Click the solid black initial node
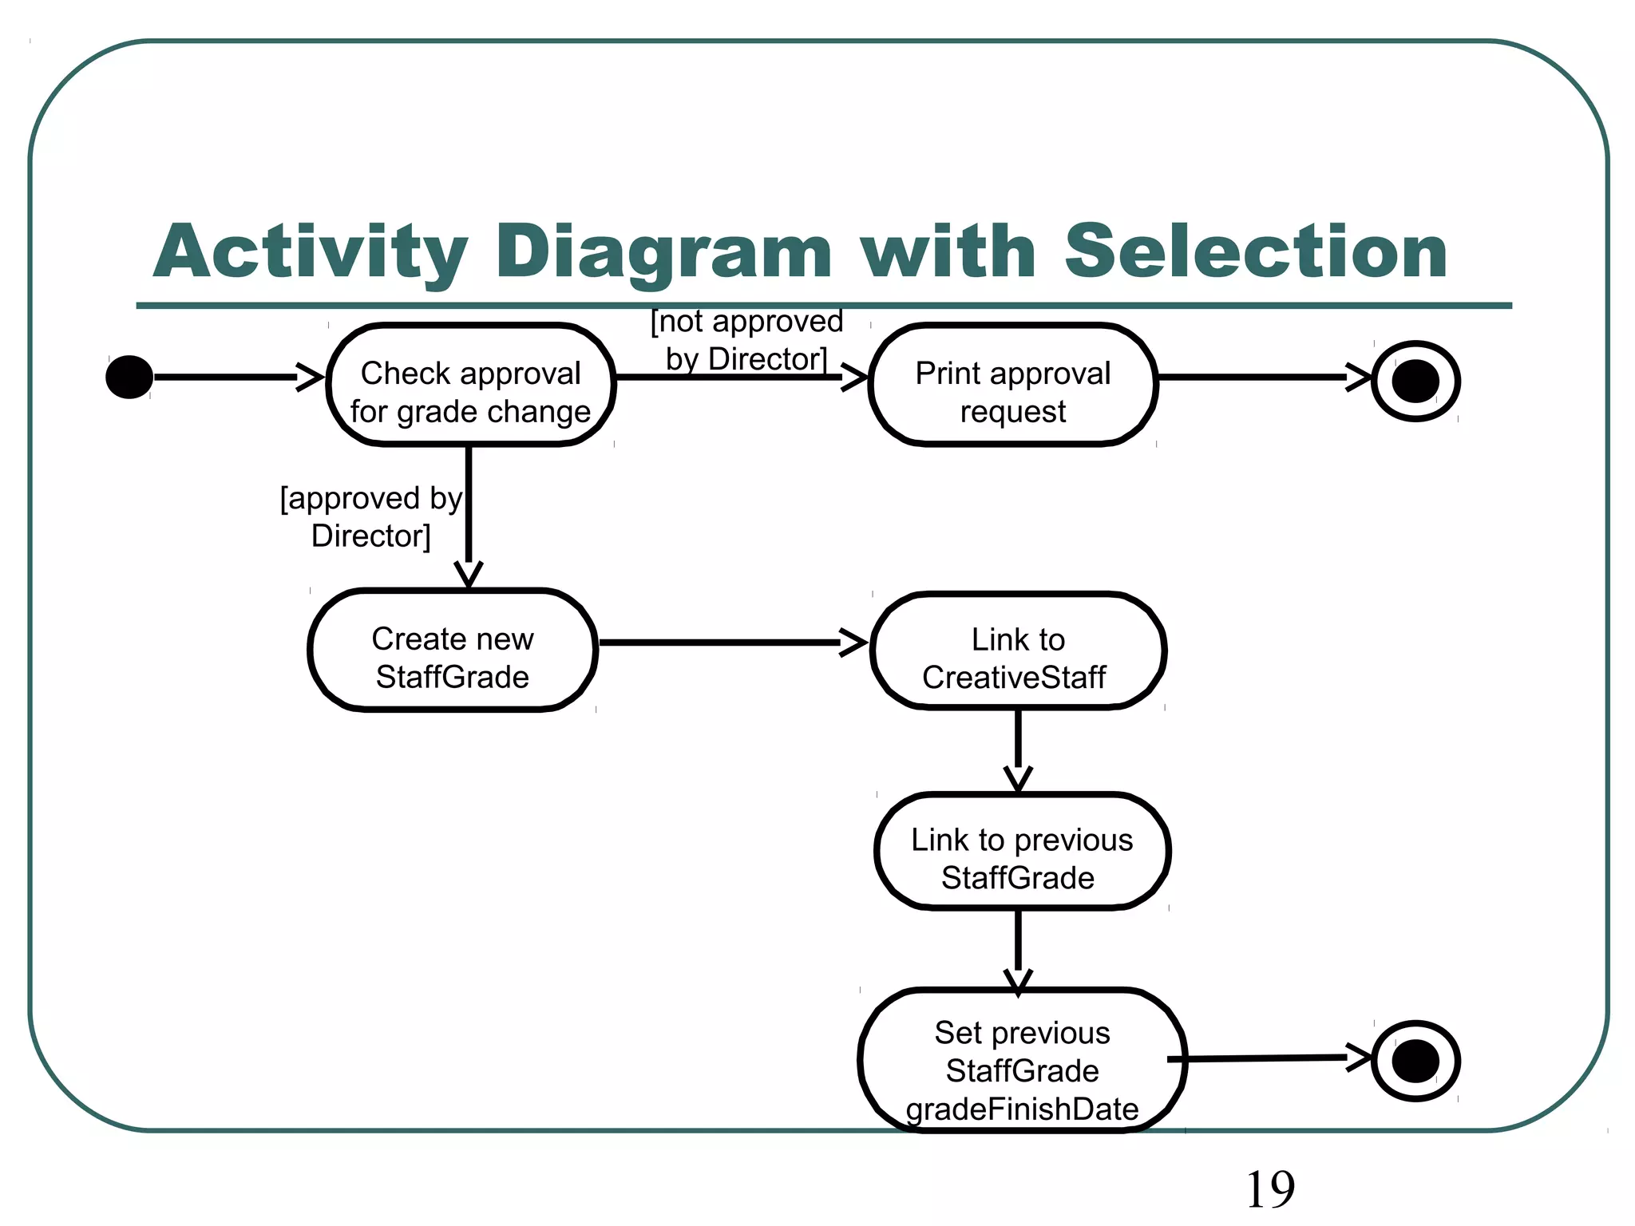coord(129,377)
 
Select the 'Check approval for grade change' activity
coord(471,392)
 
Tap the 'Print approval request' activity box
coord(1012,392)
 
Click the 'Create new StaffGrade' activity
coord(453,657)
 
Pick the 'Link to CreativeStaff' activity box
coord(1017,658)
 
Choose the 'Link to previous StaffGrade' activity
coord(1021,858)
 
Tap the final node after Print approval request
coord(1415,381)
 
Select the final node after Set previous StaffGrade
coord(1415,1061)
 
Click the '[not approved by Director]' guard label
coord(746,340)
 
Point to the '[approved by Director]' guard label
coord(371,516)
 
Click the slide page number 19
coord(1269,1189)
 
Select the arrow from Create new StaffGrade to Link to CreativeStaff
coord(726,642)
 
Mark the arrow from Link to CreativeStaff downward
coord(1018,746)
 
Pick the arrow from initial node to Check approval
coord(232,377)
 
